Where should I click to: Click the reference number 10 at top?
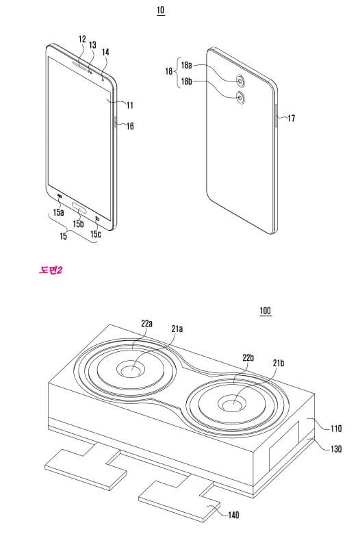(x=160, y=10)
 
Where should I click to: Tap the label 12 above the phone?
(x=82, y=39)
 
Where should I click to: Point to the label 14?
(x=105, y=52)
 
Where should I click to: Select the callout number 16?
(x=130, y=126)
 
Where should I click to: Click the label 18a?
(x=186, y=65)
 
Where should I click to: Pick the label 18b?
(x=186, y=81)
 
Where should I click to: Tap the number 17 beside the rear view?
(x=291, y=118)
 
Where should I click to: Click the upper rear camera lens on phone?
(x=241, y=81)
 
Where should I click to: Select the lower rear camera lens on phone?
(x=241, y=98)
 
